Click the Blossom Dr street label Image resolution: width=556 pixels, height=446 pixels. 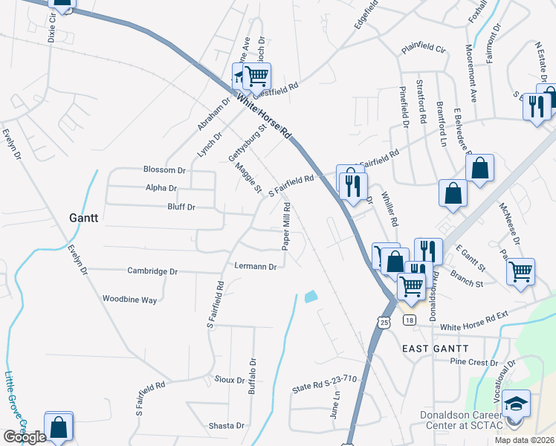point(164,170)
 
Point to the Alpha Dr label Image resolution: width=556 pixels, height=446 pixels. point(161,189)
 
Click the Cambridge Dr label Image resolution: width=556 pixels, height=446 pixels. point(152,271)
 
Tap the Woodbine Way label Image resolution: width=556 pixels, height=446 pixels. point(129,300)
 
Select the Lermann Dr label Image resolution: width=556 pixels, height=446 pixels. point(255,266)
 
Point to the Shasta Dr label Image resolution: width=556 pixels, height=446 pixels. point(230,426)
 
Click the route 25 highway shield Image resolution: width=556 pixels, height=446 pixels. point(383,322)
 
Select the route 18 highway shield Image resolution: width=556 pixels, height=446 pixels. point(409,320)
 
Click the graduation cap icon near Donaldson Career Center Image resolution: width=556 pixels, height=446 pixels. point(516,404)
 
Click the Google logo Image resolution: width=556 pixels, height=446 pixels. point(25,437)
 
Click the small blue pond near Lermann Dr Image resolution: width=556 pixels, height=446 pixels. point(310,297)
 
